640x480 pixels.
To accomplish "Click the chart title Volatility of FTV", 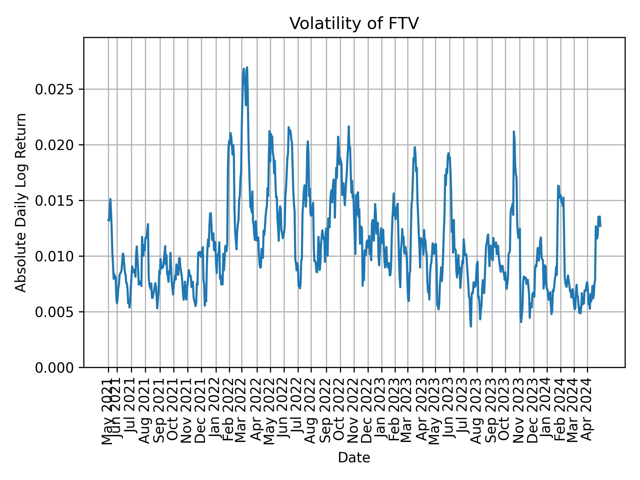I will [x=354, y=24].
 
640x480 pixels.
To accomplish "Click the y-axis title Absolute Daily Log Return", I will [x=21, y=202].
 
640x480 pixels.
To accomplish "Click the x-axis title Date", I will [x=354, y=458].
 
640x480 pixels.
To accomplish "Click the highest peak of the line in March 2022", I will [x=247, y=68].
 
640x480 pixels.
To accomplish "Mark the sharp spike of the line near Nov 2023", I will [x=514, y=132].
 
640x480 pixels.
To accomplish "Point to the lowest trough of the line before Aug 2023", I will [x=471, y=326].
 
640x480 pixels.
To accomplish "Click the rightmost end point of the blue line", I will [x=600, y=226].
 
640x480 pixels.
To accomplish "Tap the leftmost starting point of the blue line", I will [x=108, y=220].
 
